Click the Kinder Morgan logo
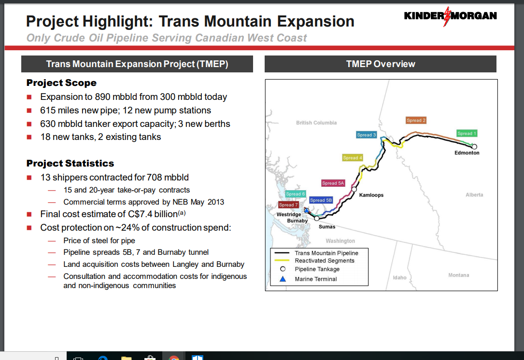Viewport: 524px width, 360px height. (450, 16)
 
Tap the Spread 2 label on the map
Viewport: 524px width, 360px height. (416, 120)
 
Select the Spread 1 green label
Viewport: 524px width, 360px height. (467, 133)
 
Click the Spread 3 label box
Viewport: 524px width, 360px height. (366, 135)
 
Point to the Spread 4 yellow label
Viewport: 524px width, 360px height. (353, 158)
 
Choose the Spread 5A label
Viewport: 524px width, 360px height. (333, 183)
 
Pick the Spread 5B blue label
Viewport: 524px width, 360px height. (321, 200)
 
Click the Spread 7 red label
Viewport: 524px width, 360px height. (288, 205)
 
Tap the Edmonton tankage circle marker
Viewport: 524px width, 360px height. (474, 147)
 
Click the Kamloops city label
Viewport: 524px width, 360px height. (371, 195)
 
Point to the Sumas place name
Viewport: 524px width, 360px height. (327, 227)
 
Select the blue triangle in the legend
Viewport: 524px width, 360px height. (283, 279)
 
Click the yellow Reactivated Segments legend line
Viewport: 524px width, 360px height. (282, 261)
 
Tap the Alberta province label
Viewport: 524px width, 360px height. (474, 194)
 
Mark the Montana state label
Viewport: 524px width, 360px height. (458, 275)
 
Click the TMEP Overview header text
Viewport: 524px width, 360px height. (381, 64)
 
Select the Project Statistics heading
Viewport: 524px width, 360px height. (70, 163)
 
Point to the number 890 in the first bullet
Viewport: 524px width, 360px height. (102, 97)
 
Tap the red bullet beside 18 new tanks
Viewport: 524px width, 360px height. (29, 137)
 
